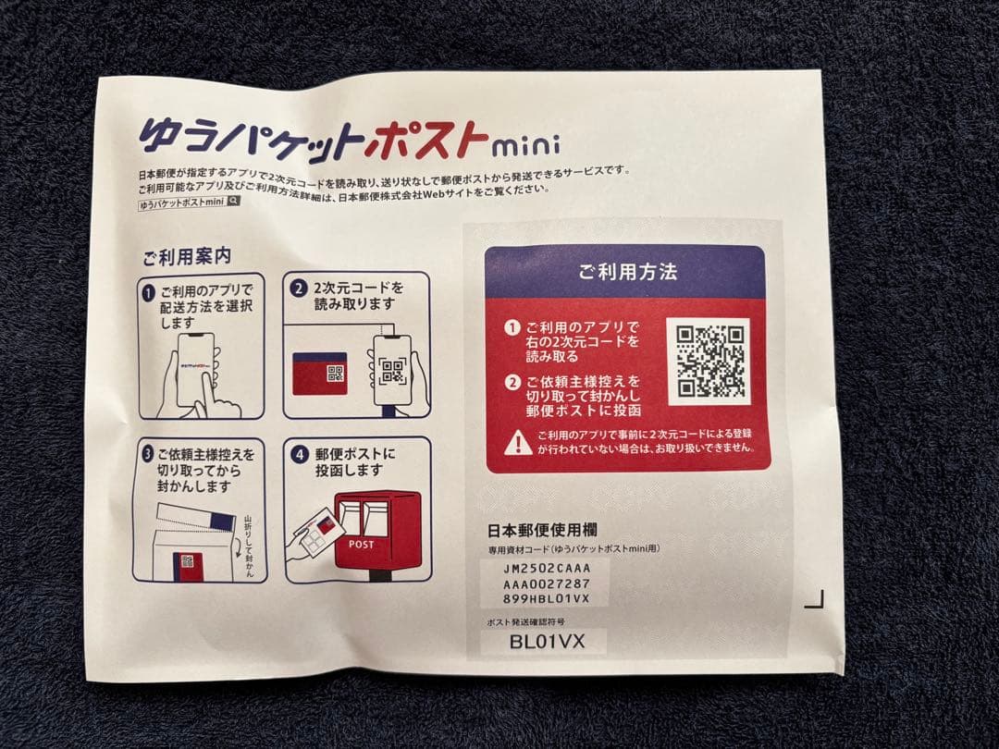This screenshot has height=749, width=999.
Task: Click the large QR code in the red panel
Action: (708, 361)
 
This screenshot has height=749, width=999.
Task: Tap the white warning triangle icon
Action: (518, 442)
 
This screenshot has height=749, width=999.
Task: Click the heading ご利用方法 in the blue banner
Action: (627, 272)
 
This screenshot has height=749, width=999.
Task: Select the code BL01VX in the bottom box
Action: (546, 641)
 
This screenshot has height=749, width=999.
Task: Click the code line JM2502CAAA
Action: (546, 566)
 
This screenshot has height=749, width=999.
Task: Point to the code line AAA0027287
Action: (546, 583)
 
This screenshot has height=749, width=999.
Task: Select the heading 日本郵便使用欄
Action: (542, 531)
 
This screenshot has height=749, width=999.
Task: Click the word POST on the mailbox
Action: (362, 545)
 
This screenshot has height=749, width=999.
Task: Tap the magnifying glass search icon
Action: (234, 201)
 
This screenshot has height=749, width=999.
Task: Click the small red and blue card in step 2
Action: (319, 373)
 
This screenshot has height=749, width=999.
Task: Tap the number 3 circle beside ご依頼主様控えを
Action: (148, 456)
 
